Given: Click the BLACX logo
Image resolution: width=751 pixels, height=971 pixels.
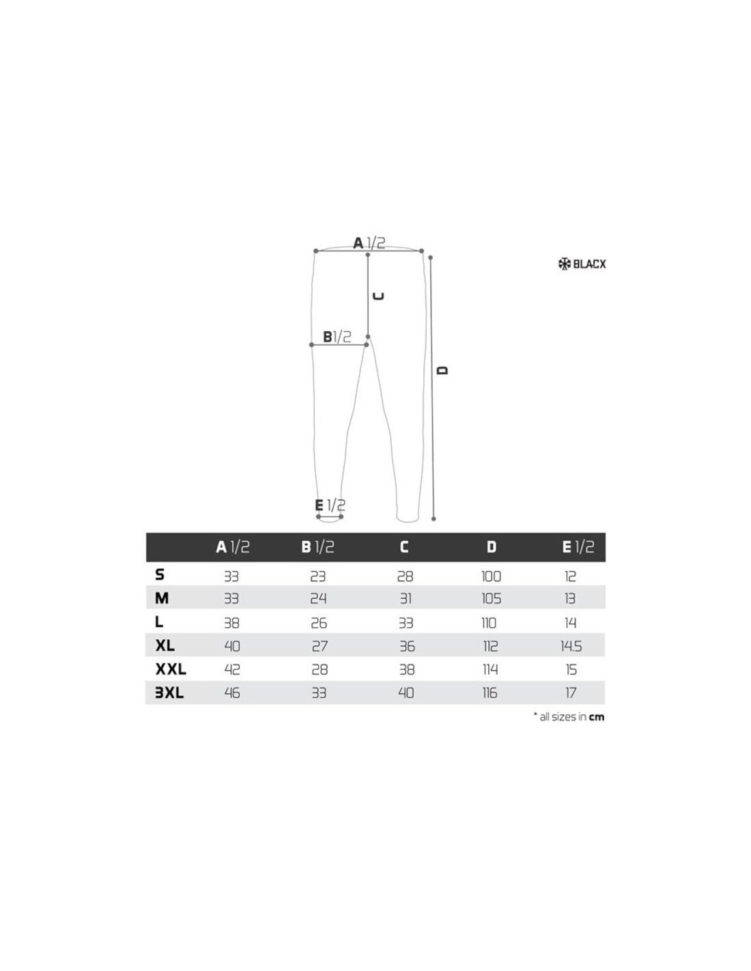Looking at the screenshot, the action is click(x=582, y=264).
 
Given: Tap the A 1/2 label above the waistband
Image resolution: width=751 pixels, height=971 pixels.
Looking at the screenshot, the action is click(x=369, y=243).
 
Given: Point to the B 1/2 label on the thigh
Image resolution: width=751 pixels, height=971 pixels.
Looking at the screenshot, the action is click(x=337, y=337).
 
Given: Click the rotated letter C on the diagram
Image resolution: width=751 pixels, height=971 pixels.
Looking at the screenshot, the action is click(x=378, y=296).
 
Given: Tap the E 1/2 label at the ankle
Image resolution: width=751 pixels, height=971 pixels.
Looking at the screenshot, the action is click(x=330, y=505).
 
